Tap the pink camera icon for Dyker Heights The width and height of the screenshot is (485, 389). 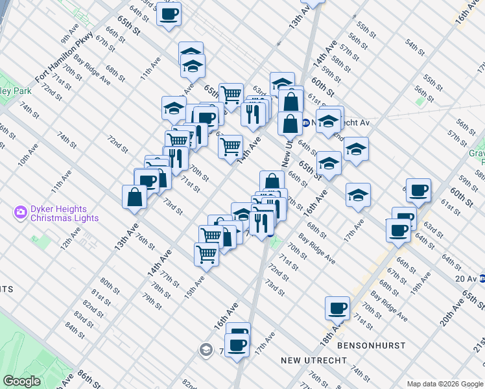coord(21,211)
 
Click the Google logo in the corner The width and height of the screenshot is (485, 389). coord(22,381)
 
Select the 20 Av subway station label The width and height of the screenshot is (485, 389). coord(465,279)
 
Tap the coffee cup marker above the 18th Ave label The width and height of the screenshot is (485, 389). coord(337,308)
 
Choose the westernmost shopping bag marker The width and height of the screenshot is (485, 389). coord(134,197)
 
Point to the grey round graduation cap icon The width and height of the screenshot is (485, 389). coord(206,350)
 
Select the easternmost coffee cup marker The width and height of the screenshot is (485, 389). coord(419,189)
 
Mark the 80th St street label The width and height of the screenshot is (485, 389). coord(110,287)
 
